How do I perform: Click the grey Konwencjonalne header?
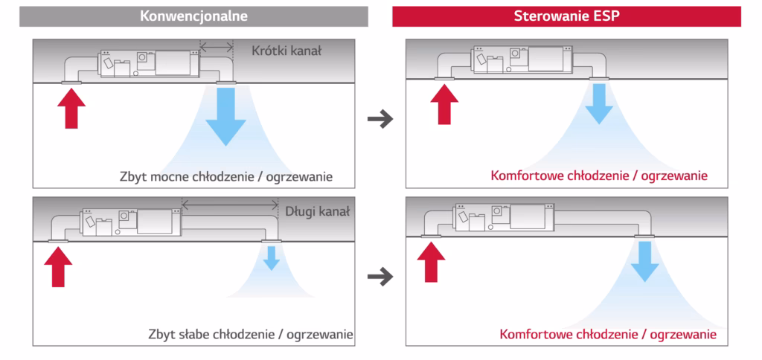coord(193,16)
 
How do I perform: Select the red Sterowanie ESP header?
coord(566,16)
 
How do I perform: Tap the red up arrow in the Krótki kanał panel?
coord(71,106)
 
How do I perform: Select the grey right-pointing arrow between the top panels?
coord(380,118)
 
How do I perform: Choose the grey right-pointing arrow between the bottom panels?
coord(380,277)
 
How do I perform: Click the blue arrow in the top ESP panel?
coord(597,104)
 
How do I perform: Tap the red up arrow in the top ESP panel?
coord(444,103)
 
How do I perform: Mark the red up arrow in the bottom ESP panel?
coord(431,260)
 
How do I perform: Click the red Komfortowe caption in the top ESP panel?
coord(599,176)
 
